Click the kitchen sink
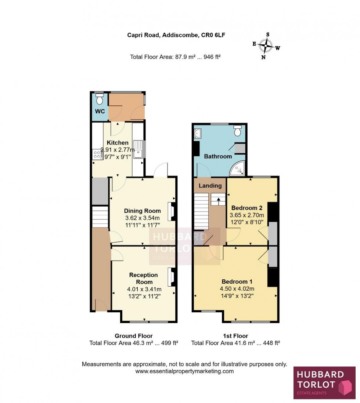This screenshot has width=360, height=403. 138,150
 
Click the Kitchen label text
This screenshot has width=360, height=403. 118,142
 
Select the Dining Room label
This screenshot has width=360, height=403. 142,211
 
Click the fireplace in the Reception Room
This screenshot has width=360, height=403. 171,277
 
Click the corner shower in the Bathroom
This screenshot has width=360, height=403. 238,168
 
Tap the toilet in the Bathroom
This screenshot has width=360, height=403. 238,130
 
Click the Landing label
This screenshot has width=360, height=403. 210,186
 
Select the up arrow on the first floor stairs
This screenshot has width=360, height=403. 218,200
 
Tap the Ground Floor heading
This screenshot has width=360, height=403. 133,336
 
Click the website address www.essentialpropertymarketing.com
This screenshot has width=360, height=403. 184,371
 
